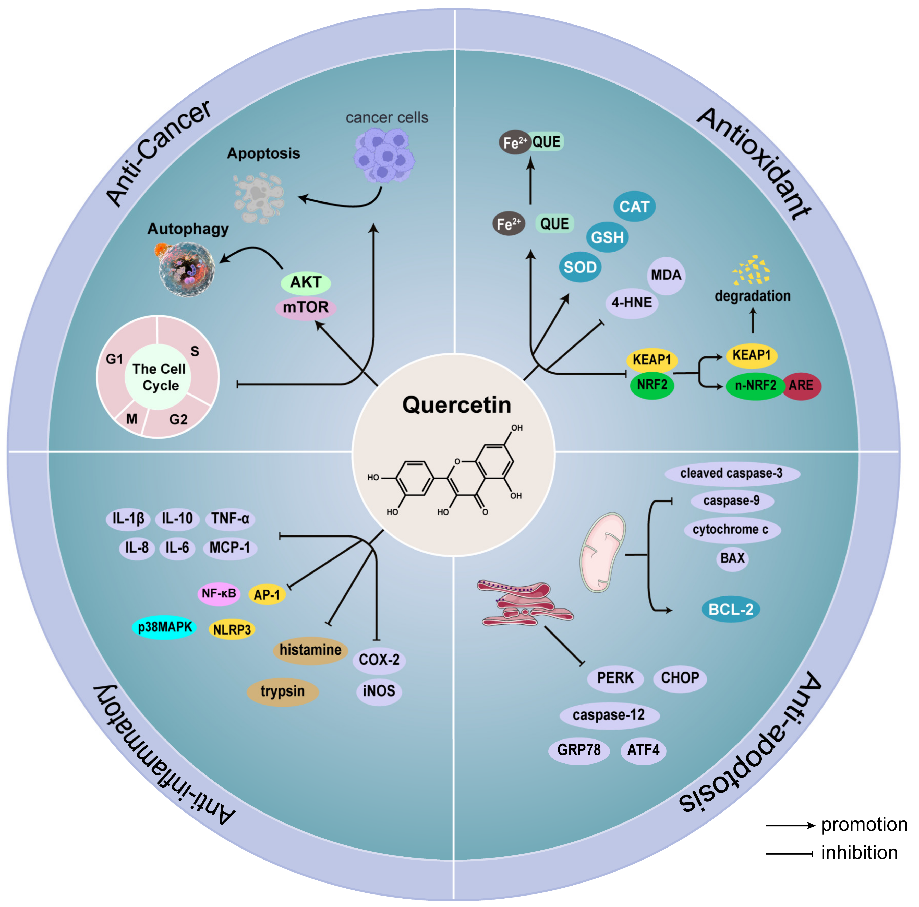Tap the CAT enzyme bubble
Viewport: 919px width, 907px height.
[634, 207]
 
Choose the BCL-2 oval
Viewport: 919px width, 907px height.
[731, 609]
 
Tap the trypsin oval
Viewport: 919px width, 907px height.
[283, 691]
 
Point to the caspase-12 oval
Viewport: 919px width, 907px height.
[609, 715]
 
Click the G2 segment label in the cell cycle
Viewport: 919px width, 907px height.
[178, 419]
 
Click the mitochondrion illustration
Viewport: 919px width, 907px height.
[603, 552]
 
